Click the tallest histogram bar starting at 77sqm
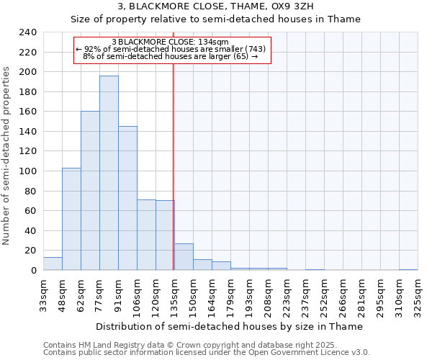tap(109, 173)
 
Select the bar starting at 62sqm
tap(90, 191)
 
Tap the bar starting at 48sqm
tap(71, 219)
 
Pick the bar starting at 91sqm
tap(127, 198)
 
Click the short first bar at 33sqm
tap(53, 264)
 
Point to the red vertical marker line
tap(174, 180)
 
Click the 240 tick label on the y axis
tap(28, 32)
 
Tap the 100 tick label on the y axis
tap(28, 171)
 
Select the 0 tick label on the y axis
tap(33, 271)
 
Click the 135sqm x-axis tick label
tap(175, 294)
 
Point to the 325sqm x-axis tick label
tap(418, 294)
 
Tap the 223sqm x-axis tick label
tap(287, 294)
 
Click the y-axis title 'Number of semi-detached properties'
tap(6, 156)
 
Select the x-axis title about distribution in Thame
tap(229, 326)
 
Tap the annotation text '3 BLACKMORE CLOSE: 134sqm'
tap(171, 42)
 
